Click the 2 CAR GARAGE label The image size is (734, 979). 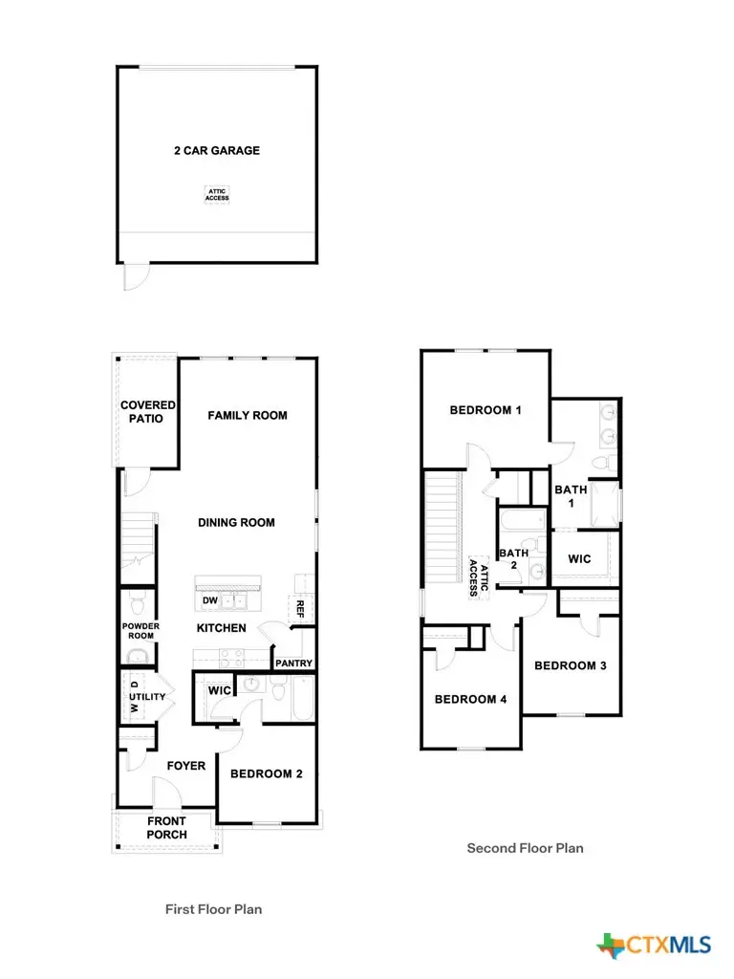click(216, 150)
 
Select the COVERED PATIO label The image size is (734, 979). click(148, 412)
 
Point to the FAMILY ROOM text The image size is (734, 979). click(248, 415)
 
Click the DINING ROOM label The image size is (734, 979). click(236, 522)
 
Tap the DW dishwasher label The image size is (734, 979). click(209, 601)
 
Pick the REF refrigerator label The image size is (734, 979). click(299, 608)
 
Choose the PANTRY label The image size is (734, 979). click(294, 663)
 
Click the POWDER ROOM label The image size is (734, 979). click(140, 631)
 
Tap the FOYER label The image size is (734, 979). click(186, 766)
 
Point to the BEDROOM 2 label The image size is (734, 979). click(267, 773)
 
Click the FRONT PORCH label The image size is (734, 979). click(167, 828)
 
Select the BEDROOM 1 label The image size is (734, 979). click(486, 410)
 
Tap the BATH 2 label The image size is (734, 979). click(513, 558)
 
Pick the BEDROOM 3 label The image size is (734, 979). click(571, 665)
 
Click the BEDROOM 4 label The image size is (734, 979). click(470, 699)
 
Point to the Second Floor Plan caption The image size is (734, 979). click(525, 847)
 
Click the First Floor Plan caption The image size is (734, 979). click(213, 909)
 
